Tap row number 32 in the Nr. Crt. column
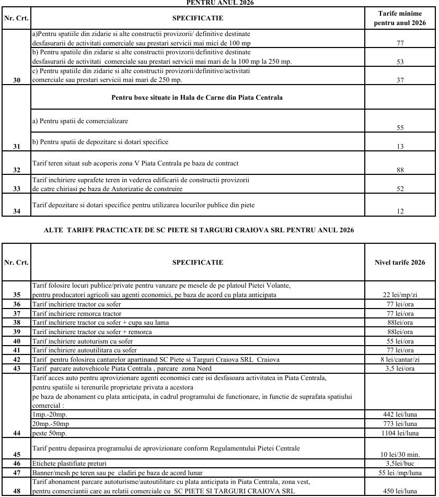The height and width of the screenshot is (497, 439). [x=17, y=170]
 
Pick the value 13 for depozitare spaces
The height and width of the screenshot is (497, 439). [x=400, y=147]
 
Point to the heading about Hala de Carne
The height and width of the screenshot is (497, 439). [x=197, y=98]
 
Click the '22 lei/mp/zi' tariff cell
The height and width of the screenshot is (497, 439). [x=400, y=295]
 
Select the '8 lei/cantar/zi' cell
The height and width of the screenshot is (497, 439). [x=400, y=360]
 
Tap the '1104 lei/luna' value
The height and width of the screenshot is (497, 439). [x=400, y=433]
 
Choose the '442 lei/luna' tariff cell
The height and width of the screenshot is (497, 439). [x=400, y=414]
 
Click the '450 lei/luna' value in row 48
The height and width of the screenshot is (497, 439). [x=400, y=491]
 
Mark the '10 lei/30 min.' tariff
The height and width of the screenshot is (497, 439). [x=400, y=454]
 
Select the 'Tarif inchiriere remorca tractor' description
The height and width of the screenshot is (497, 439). [x=77, y=313]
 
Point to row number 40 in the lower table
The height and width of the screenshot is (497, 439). [x=17, y=341]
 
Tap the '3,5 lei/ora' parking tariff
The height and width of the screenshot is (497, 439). [x=400, y=369]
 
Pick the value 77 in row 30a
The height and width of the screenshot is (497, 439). [x=400, y=43]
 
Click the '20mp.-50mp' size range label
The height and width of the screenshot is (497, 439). [x=51, y=423]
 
